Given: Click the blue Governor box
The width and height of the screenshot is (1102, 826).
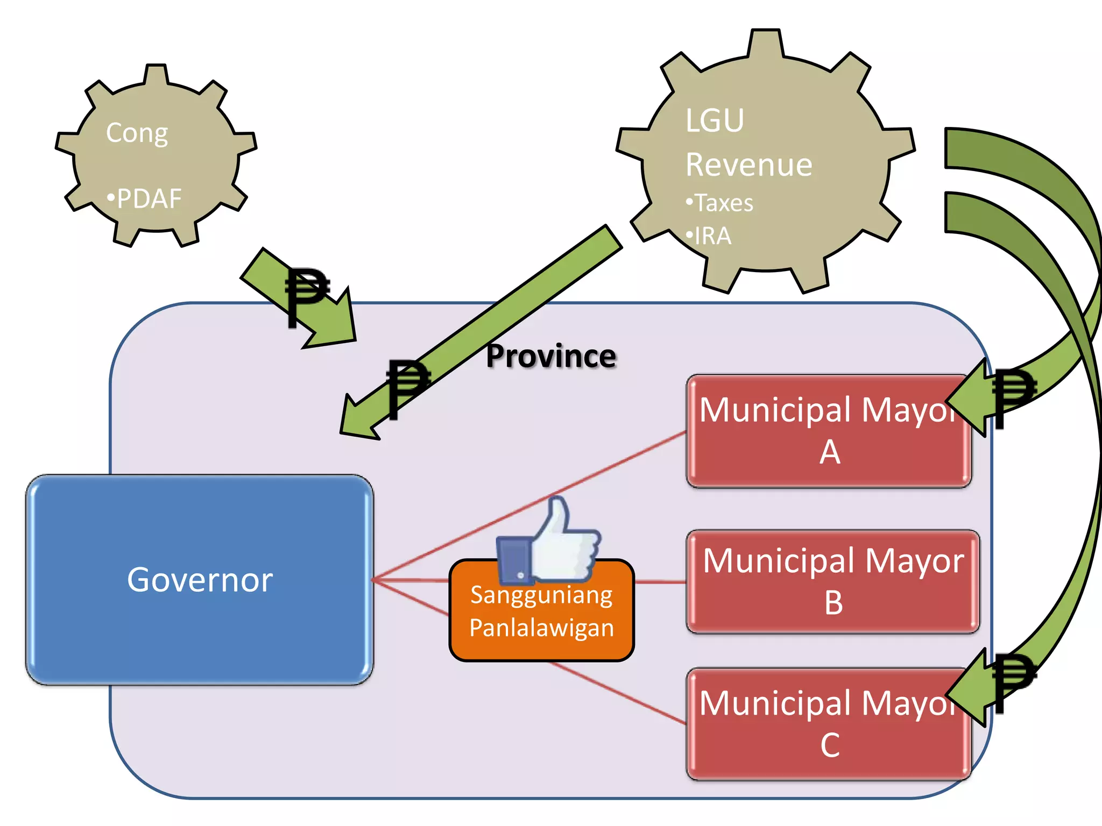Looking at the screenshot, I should click(x=199, y=579).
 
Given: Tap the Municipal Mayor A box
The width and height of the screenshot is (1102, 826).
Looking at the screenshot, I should click(x=829, y=430).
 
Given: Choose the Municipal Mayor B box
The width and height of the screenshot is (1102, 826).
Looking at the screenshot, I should click(x=833, y=581).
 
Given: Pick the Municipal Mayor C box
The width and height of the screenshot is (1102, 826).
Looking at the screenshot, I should click(x=829, y=724).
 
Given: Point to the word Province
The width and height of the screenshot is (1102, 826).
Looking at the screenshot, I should click(x=551, y=356).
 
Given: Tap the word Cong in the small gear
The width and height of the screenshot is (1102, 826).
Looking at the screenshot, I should click(x=137, y=132).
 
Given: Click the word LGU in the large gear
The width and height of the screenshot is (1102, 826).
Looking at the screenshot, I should click(x=715, y=120).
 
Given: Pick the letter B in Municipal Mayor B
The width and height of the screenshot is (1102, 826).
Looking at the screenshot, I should click(x=833, y=603).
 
